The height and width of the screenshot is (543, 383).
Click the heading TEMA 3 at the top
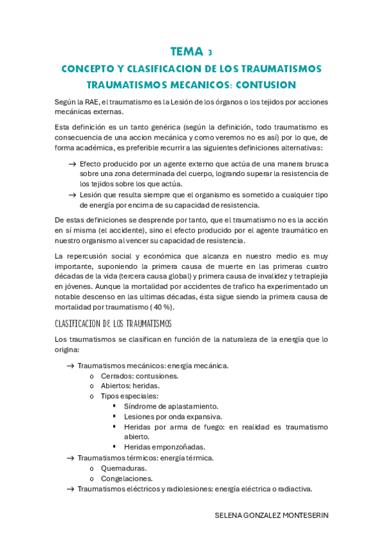click(x=191, y=52)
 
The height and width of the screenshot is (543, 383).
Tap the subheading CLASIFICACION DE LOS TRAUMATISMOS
click(x=113, y=323)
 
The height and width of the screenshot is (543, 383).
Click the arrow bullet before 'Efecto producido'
click(x=73, y=165)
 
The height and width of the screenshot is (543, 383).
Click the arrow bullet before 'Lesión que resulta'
click(x=73, y=194)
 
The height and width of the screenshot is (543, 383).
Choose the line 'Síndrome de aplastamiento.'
click(x=171, y=406)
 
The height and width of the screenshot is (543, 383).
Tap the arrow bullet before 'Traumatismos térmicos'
click(x=70, y=458)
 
